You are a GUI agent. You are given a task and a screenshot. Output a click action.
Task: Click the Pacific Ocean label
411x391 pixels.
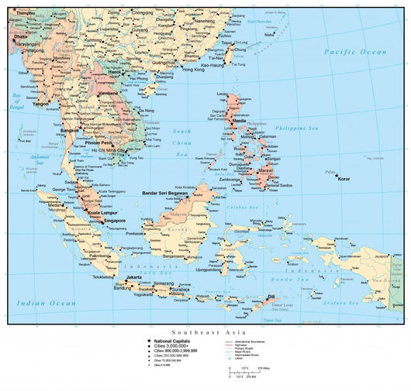[x=355, y=52]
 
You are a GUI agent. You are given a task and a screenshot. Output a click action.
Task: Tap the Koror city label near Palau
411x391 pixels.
[x=344, y=179]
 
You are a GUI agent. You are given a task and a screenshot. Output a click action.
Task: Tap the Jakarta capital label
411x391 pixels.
[x=133, y=276]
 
